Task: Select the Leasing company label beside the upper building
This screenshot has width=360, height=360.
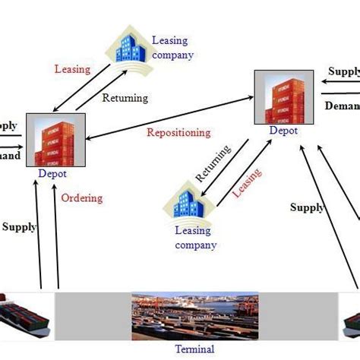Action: (172, 48)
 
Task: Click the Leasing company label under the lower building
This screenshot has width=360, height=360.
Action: (195, 238)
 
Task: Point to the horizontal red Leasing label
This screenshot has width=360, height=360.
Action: (72, 69)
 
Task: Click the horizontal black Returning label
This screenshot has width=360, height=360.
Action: (125, 98)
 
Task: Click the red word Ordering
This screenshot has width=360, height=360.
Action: (81, 198)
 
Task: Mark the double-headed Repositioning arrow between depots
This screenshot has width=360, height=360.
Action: (167, 118)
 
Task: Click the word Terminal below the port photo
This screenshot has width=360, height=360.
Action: (194, 349)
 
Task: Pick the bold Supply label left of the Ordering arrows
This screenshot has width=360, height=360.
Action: (19, 226)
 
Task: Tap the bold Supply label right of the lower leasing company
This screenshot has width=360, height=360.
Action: (307, 207)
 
